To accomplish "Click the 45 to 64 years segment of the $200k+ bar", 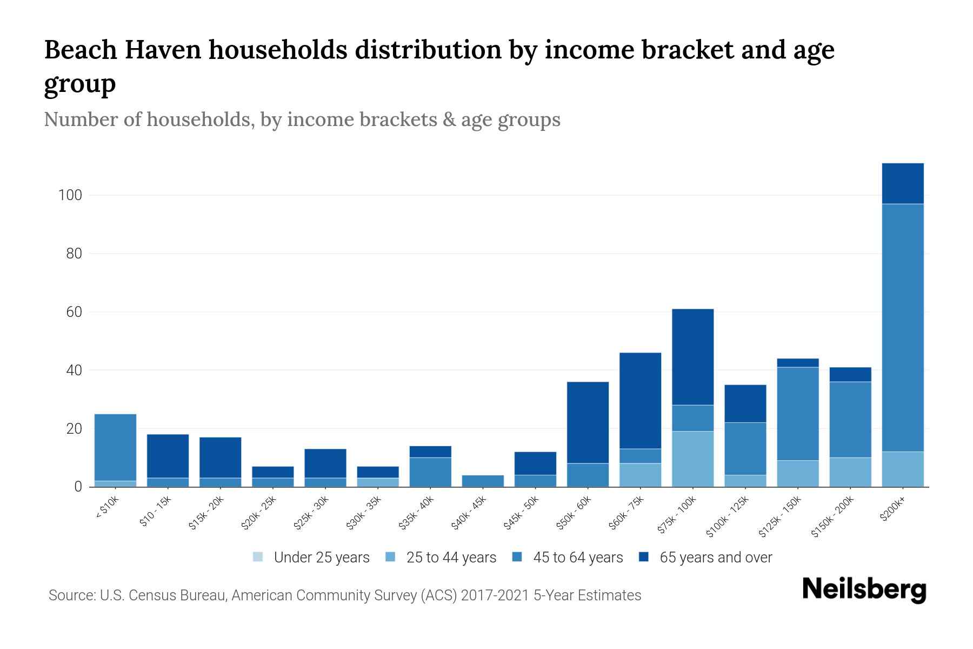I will click(903, 327).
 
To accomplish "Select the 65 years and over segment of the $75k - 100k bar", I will click(692, 357).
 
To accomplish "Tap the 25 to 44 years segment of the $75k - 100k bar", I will click(692, 459).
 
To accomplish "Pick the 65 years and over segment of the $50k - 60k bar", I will click(588, 422).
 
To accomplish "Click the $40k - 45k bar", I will click(483, 481).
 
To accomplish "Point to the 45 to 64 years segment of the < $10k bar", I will click(115, 447).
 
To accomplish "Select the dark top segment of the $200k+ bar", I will click(903, 183).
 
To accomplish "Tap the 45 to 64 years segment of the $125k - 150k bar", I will click(798, 414).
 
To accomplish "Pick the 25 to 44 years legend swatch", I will click(391, 557).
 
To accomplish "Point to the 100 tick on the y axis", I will click(70, 195).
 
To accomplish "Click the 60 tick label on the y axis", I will click(74, 312).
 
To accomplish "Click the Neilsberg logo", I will click(864, 590).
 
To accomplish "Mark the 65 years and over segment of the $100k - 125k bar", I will click(745, 403).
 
